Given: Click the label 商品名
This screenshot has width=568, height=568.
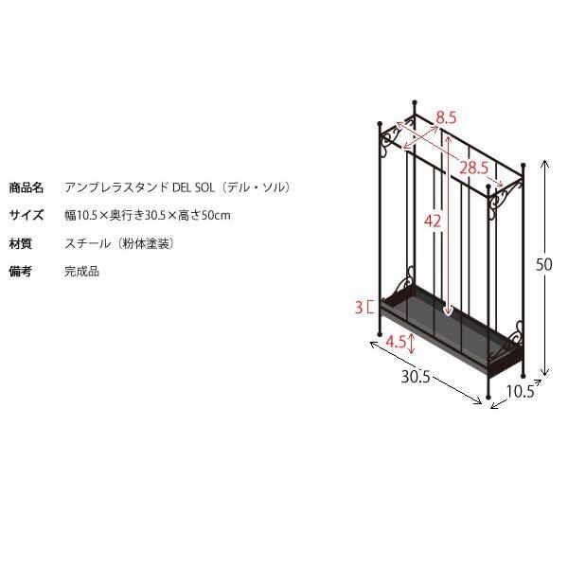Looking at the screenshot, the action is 27,187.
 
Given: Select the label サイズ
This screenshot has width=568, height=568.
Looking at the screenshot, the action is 27,215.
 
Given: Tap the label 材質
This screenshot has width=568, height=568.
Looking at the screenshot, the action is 21,243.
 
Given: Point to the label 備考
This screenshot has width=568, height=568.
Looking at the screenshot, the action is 21,272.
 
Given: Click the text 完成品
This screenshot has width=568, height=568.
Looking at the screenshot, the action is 81,272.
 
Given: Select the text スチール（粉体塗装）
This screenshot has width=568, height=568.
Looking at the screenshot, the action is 119,243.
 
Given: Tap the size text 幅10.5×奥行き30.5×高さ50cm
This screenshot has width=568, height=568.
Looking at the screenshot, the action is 148,215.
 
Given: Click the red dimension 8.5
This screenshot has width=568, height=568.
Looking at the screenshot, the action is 447,118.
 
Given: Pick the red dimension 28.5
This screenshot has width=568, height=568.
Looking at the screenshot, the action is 473,168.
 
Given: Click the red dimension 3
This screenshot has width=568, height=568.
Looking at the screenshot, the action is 359,307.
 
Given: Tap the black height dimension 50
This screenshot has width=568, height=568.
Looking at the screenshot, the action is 543,266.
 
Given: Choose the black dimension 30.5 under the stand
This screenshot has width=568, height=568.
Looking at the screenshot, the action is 416,377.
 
